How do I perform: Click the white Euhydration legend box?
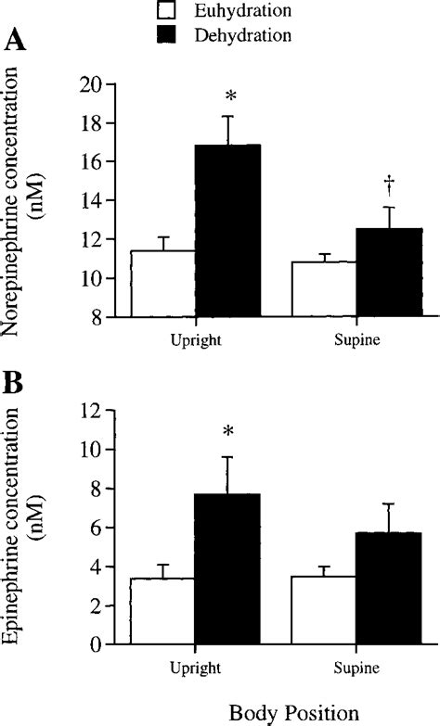click(x=167, y=12)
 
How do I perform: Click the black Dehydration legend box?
click(x=167, y=35)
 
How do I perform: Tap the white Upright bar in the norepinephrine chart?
click(x=162, y=284)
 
